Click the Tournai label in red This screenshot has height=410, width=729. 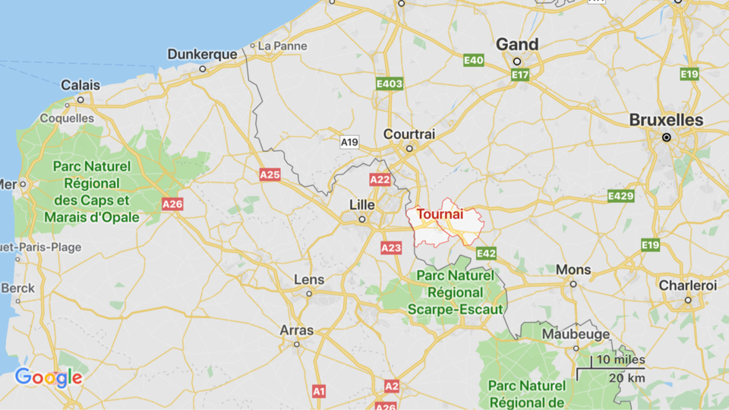[440, 214]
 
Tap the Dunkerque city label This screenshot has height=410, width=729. [202, 54]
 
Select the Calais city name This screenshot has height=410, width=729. [80, 85]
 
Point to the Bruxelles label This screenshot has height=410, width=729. [666, 120]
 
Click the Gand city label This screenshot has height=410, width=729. [517, 45]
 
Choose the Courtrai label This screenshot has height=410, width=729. [409, 134]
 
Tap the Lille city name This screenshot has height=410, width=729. [361, 205]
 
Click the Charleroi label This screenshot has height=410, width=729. [687, 285]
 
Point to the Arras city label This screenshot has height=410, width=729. [296, 330]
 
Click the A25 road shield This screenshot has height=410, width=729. [270, 175]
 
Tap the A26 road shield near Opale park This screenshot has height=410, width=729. [172, 203]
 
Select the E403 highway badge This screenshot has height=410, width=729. [390, 84]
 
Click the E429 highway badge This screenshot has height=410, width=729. [620, 197]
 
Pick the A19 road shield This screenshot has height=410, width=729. [349, 142]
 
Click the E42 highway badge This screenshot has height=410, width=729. [487, 253]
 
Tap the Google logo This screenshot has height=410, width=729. [48, 377]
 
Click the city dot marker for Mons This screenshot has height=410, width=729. [573, 284]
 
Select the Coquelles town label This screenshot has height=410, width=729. [67, 118]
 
